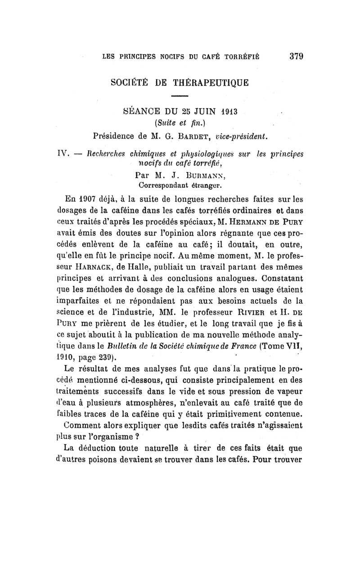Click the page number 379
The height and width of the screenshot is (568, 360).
[x=296, y=57]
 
